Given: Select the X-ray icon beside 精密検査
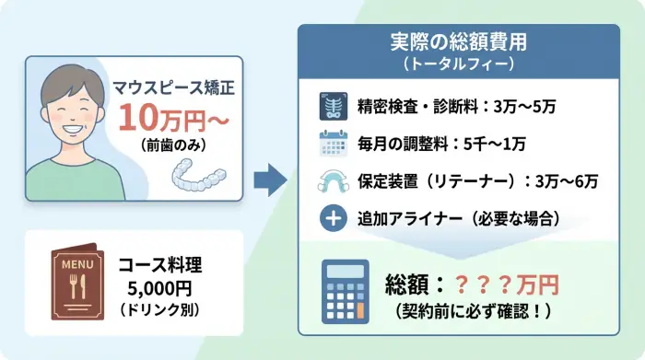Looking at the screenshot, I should click(x=331, y=108).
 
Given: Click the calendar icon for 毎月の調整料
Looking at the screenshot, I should click(x=331, y=145).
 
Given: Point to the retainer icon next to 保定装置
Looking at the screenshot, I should click(x=331, y=181).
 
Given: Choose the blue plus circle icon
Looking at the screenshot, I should click(x=331, y=219).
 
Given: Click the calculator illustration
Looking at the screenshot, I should click(x=345, y=290).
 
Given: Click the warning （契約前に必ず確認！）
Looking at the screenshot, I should click(x=472, y=310).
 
